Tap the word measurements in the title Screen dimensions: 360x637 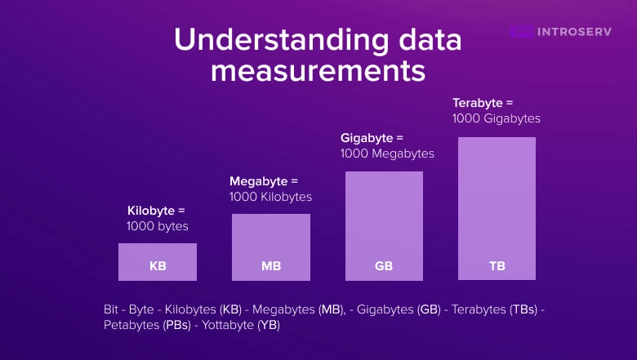(318, 70)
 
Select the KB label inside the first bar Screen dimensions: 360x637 (158, 266)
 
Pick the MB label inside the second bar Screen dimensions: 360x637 (271, 266)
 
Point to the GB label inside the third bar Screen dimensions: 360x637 (384, 266)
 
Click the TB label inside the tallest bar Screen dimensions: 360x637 (497, 266)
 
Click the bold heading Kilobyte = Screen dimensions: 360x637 (156, 210)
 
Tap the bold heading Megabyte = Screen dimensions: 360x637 (264, 180)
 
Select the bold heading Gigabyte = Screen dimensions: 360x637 (372, 138)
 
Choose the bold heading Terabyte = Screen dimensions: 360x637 (483, 103)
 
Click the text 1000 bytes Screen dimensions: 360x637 (158, 225)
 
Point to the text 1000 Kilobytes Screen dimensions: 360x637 (270, 196)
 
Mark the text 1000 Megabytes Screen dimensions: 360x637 (387, 153)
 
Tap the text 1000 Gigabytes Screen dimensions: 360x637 (497, 118)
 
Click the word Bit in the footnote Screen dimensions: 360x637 (112, 309)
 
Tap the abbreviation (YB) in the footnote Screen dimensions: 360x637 (269, 325)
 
